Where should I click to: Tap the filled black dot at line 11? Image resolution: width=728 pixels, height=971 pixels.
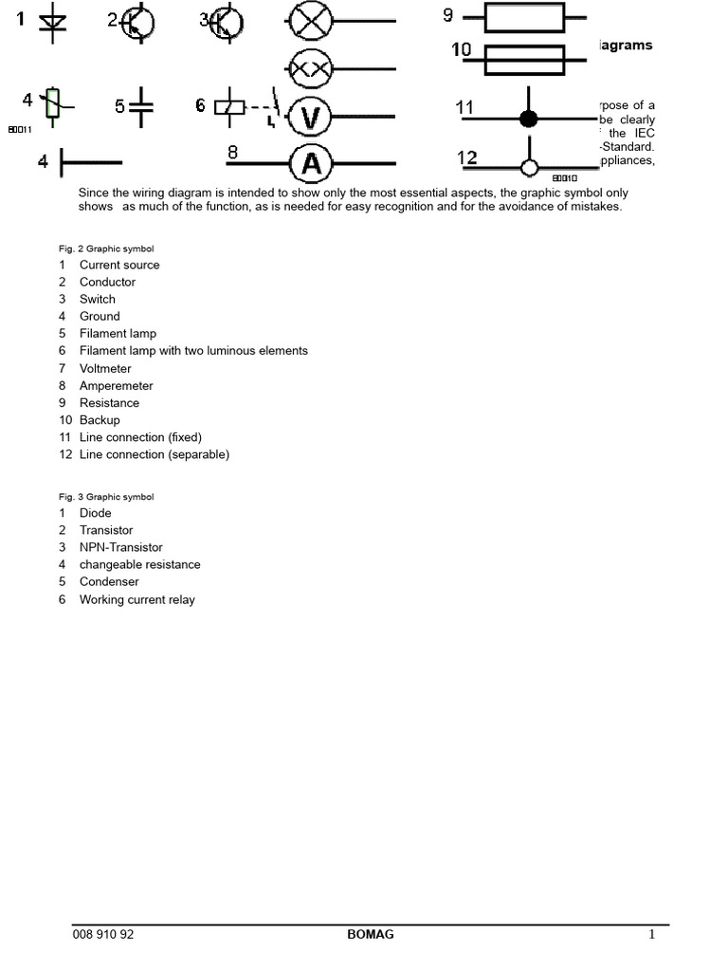[x=529, y=119]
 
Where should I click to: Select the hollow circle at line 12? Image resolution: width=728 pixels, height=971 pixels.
[x=530, y=169]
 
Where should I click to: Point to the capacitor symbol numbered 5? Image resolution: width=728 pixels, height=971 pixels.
[x=141, y=107]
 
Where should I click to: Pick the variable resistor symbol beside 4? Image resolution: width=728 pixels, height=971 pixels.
[x=54, y=104]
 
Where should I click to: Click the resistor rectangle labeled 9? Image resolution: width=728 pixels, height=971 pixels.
[x=524, y=17]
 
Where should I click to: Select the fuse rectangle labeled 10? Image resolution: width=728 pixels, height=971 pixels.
[x=524, y=61]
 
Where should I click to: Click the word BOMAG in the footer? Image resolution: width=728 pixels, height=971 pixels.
[x=371, y=934]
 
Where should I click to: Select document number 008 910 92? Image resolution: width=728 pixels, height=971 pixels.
[x=103, y=934]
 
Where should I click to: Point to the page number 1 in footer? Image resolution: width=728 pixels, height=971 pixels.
[x=652, y=934]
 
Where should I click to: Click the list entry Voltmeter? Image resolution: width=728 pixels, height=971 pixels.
[x=105, y=368]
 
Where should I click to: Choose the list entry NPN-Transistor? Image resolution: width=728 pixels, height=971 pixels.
[x=120, y=547]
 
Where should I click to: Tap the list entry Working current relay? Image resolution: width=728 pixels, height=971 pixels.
[x=136, y=599]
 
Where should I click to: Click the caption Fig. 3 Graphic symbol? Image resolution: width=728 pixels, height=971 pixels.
[x=106, y=497]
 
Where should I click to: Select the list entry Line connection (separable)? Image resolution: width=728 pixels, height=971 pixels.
[x=154, y=454]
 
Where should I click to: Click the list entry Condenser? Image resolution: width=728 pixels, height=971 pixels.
[x=109, y=581]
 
